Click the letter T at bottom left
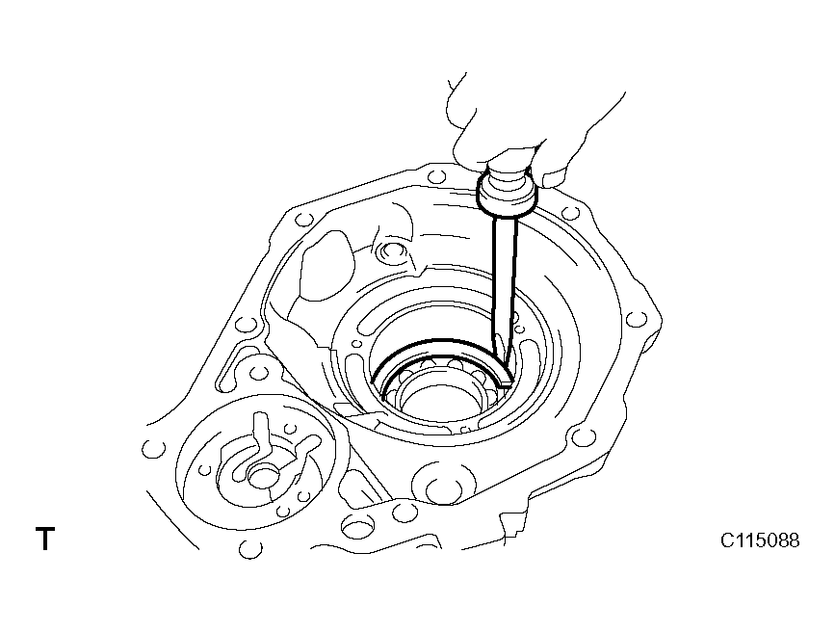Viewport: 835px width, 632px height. pyautogui.click(x=45, y=539)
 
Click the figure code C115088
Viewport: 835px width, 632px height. pyautogui.click(x=760, y=540)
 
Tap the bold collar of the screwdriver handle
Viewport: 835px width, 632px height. pyautogui.click(x=507, y=194)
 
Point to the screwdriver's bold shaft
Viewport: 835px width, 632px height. pyautogui.click(x=505, y=282)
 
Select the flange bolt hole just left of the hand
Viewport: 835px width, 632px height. pyautogui.click(x=435, y=174)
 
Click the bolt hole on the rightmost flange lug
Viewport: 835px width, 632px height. pyautogui.click(x=634, y=320)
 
